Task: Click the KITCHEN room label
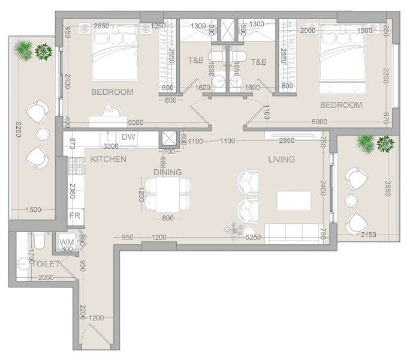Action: point(108,160)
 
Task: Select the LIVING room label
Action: point(281,160)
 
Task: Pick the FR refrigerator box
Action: point(75,215)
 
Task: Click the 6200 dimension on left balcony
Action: point(17,128)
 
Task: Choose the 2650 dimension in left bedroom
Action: point(101,26)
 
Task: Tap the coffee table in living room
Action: point(294,200)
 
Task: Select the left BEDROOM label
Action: point(112,92)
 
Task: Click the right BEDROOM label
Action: point(341,106)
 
